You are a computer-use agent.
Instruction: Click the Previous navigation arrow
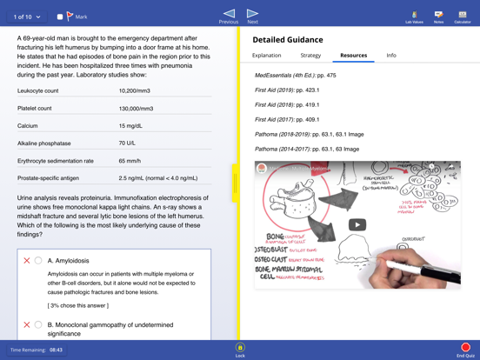pos(228,15)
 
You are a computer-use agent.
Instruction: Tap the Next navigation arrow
pos(252,15)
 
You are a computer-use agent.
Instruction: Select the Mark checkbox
pos(60,17)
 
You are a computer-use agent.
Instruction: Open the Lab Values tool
pos(414,16)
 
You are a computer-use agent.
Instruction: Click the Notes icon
pos(438,16)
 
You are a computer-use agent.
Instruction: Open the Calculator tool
pos(463,16)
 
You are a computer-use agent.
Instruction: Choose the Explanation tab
pos(267,56)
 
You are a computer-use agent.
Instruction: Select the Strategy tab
pos(310,56)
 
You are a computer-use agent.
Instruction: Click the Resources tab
pos(353,56)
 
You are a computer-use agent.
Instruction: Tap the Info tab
pos(391,56)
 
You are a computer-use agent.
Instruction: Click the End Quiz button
pos(465,350)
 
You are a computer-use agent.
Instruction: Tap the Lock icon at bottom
pos(240,349)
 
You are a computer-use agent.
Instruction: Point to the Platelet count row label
pos(35,109)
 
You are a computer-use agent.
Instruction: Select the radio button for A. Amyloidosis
pos(39,261)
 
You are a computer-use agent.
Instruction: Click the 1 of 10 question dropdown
pos(26,17)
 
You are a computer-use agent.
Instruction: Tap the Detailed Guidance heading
pos(288,40)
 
